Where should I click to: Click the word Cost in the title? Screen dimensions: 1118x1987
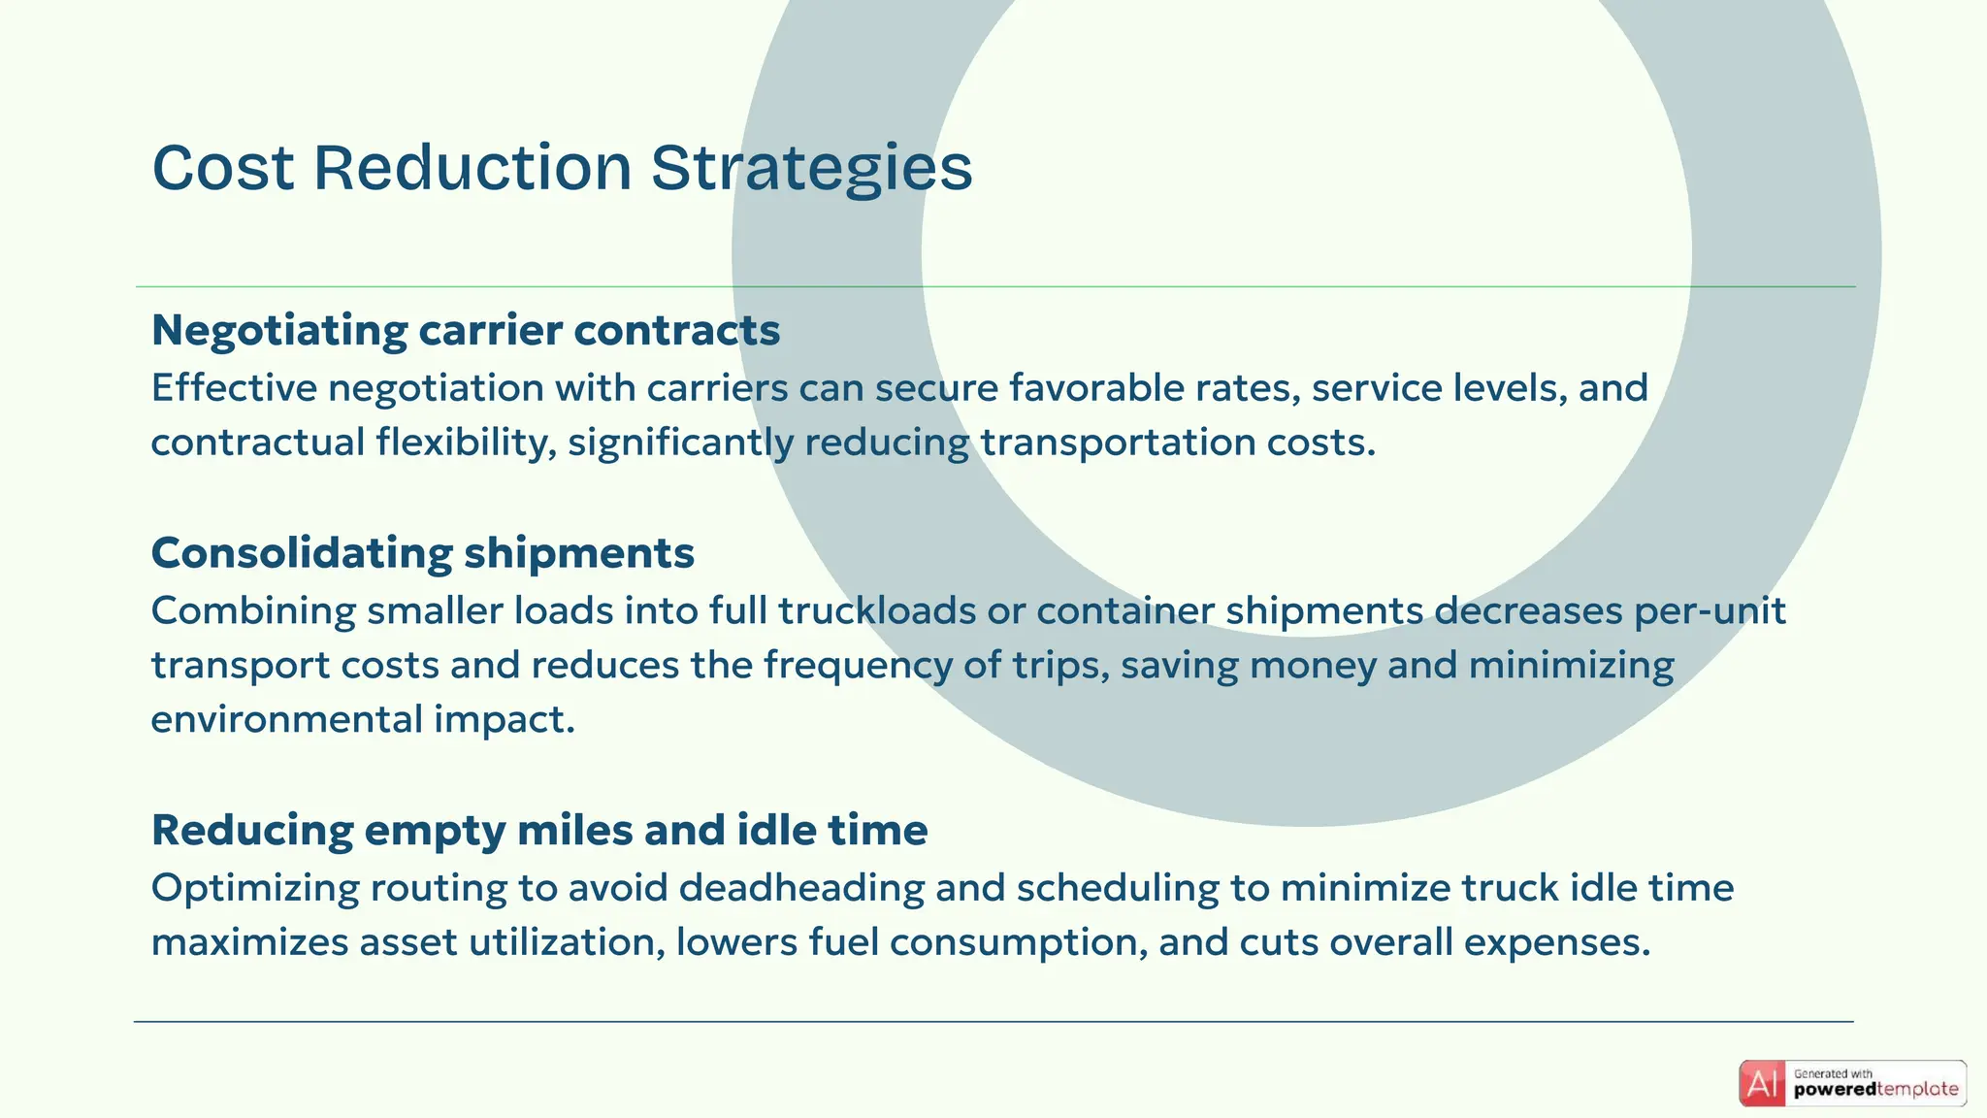[223, 168]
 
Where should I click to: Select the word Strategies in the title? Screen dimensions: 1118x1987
[810, 168]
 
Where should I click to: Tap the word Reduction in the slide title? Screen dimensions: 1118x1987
[472, 168]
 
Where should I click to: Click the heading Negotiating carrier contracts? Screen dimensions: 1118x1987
[466, 330]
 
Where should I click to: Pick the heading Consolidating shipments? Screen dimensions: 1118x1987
[423, 553]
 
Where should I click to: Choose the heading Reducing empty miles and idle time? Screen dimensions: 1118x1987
[539, 830]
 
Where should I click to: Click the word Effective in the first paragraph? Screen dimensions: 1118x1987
[235, 388]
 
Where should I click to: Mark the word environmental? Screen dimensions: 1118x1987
[287, 720]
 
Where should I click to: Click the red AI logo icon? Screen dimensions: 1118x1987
[1762, 1083]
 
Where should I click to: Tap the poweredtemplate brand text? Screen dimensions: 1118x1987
[1875, 1090]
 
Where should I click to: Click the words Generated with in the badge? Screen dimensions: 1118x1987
[1833, 1073]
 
